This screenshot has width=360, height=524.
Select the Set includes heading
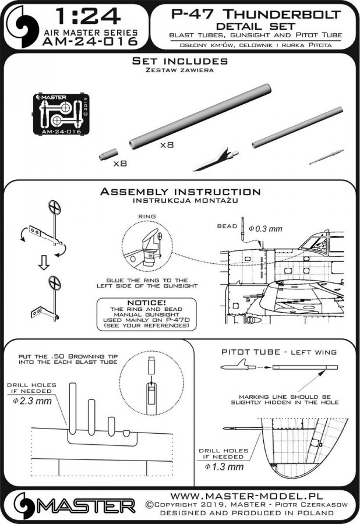coord(180,61)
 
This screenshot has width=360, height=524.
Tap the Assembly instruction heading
coord(180,192)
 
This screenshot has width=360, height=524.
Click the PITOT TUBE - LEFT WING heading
coord(279,351)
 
